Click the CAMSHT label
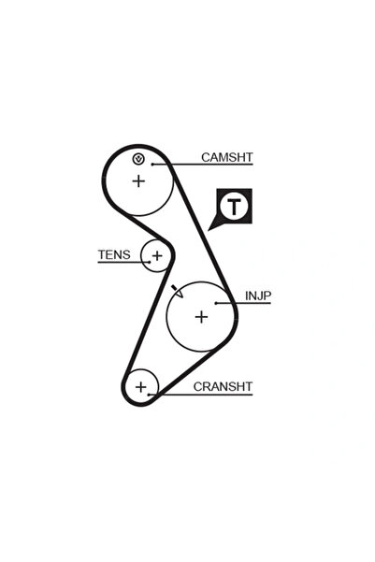pos(227,157)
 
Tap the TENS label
pos(114,255)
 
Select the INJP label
pos(258,296)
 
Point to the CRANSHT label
pos(223,387)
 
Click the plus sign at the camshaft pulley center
pos(138,181)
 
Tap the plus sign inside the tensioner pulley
pos(157,255)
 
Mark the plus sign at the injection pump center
pos(201,317)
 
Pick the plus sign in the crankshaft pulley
pos(141,387)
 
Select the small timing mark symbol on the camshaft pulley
pos(138,159)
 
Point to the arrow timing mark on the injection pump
pos(178,291)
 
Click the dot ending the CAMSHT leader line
pos(152,165)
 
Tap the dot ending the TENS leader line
pos(150,262)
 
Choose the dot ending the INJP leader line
pos(216,303)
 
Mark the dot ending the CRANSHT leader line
pos(149,395)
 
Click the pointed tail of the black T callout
pos(209,230)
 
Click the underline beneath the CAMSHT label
pos(203,165)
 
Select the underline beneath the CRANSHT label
pos(201,395)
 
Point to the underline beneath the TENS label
pos(123,262)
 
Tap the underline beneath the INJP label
pos(243,303)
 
